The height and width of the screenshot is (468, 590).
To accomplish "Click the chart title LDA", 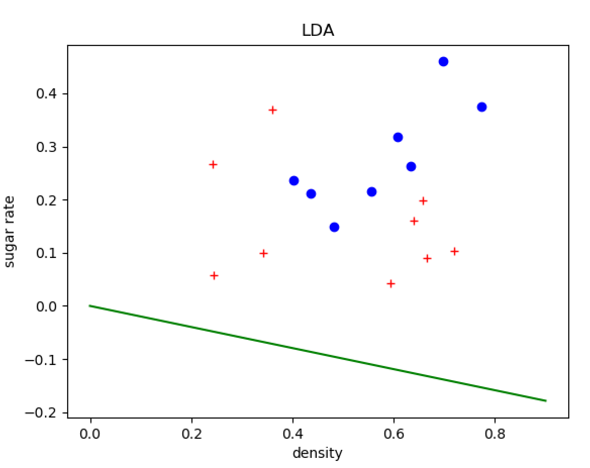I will (x=318, y=31).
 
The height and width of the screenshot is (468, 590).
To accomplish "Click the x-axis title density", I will (x=317, y=453).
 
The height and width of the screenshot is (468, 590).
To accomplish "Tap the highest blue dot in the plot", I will (x=444, y=62).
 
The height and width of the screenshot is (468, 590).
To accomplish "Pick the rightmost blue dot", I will (x=482, y=107).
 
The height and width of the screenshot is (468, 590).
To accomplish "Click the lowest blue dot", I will (x=334, y=227).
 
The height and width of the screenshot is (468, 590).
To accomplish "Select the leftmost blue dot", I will (x=294, y=181).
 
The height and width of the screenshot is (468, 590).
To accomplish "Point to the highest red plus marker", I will (x=273, y=110).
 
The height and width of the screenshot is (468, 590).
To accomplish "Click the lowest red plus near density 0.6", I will (x=390, y=284).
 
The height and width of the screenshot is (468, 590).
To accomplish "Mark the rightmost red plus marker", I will (x=455, y=251).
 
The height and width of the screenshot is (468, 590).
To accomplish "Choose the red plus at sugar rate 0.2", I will (x=423, y=201).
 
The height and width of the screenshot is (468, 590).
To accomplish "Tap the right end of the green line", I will (x=546, y=401).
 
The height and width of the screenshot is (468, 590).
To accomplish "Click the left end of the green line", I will (x=90, y=306).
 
